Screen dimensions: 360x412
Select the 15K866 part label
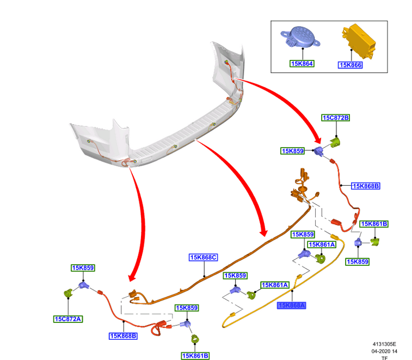(350, 65)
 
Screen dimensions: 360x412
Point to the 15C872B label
(336, 118)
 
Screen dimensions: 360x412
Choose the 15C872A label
(67, 319)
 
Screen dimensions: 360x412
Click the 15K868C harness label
(204, 257)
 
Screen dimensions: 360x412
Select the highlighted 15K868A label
(291, 306)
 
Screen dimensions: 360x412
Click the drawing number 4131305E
(384, 344)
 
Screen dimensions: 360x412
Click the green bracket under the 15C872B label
(336, 143)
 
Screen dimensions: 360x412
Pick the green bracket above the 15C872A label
(67, 292)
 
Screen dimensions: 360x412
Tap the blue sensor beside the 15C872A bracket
(83, 286)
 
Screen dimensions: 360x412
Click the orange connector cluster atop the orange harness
(300, 187)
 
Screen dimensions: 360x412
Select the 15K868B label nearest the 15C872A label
(123, 336)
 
